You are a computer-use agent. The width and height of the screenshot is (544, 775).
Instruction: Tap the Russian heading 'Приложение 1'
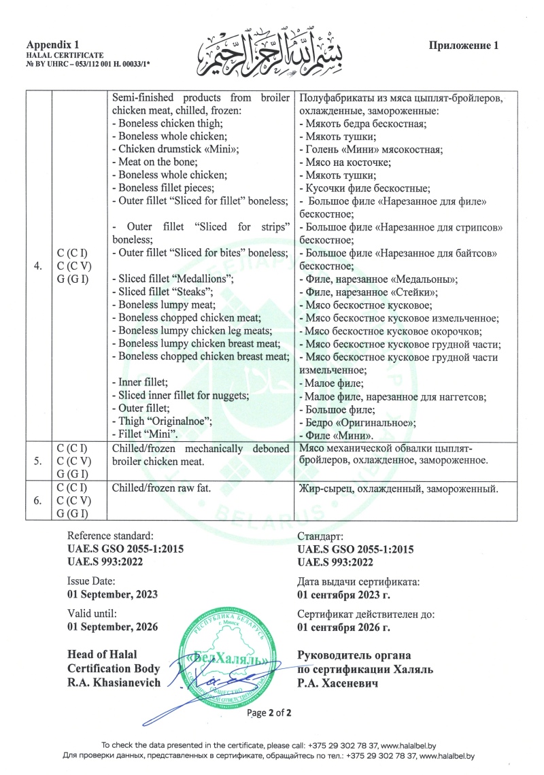coord(464,46)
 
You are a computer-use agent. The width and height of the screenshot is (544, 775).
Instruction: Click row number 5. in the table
coord(37,460)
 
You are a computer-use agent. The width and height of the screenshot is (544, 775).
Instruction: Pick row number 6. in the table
coord(37,501)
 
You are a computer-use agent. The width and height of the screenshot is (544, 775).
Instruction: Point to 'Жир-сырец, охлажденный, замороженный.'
coord(400,489)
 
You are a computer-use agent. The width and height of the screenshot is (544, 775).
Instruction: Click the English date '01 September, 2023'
coord(112,593)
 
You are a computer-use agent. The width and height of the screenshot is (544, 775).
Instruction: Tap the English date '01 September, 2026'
coord(112,626)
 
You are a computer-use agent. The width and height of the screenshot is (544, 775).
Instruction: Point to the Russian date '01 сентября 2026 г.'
coord(344,627)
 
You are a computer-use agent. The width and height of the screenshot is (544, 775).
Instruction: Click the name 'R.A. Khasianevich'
coord(114,683)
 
